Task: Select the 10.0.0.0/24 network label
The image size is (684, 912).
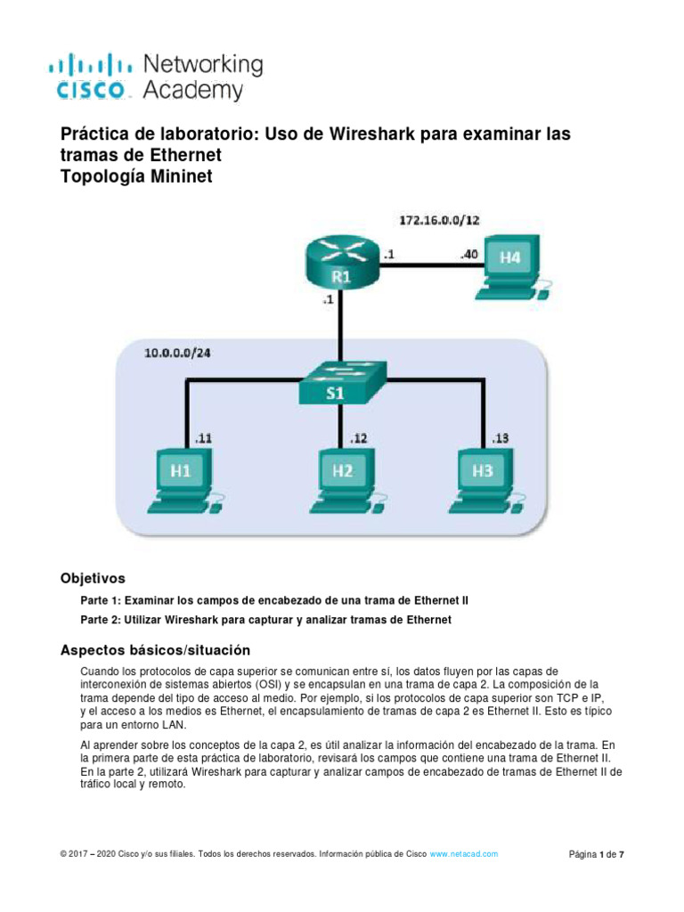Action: click(179, 353)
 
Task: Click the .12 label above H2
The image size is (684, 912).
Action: click(359, 437)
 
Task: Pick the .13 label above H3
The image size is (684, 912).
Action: click(500, 437)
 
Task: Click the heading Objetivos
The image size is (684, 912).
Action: click(92, 577)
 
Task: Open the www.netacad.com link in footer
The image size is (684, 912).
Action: click(464, 854)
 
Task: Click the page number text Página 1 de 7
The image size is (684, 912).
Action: click(596, 855)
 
